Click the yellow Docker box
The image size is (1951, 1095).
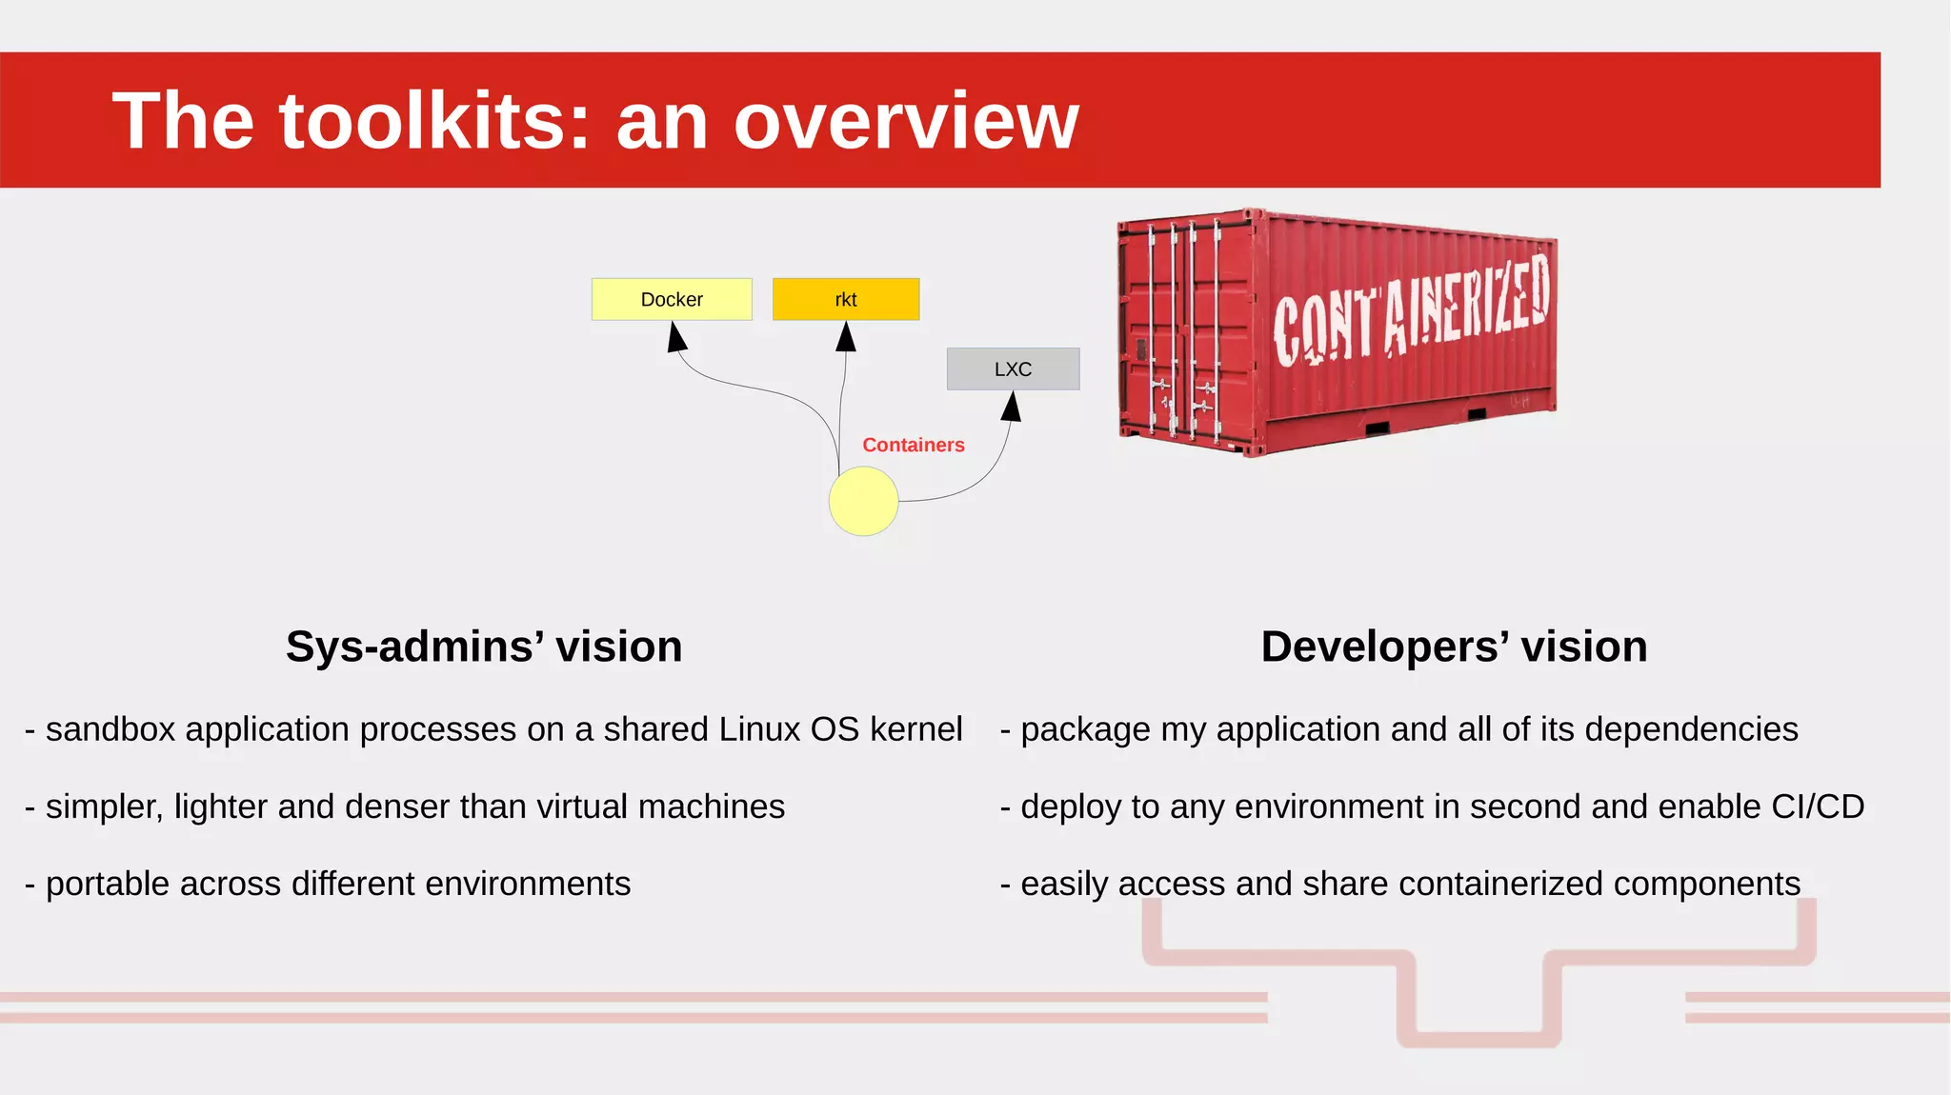pos(672,299)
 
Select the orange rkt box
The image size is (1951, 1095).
pos(846,299)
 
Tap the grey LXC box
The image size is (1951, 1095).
pos(1013,368)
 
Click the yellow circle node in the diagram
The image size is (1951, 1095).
pos(863,501)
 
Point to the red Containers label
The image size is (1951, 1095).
pos(913,445)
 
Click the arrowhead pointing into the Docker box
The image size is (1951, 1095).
pos(676,337)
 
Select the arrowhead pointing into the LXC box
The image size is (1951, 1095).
pos(1012,407)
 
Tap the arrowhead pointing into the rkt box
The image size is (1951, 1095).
pos(846,337)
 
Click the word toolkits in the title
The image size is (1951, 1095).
pos(434,121)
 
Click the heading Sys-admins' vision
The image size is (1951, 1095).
pos(484,647)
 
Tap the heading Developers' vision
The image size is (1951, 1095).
pos(1454,647)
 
